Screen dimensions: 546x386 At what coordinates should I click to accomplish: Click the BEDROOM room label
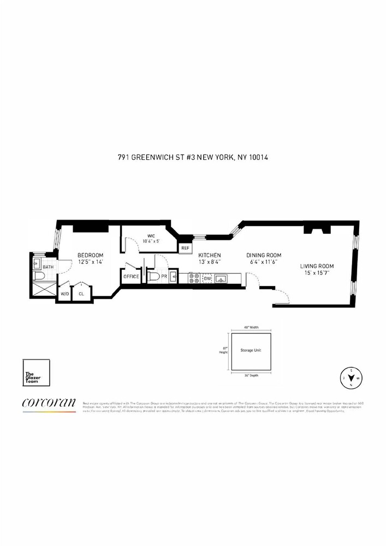[x=90, y=255]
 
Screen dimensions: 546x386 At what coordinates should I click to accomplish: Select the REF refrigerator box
[x=186, y=248]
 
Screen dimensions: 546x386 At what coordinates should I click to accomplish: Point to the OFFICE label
[x=131, y=277]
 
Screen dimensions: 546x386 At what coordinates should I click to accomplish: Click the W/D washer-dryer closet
[x=64, y=293]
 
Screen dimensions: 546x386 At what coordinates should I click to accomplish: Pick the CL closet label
[x=81, y=293]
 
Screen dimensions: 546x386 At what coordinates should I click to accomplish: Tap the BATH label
[x=49, y=267]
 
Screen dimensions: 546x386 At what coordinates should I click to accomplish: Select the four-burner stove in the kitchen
[x=194, y=278]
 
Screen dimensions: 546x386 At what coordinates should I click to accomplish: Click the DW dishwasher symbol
[x=207, y=278]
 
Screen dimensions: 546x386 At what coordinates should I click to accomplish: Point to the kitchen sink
[x=222, y=278]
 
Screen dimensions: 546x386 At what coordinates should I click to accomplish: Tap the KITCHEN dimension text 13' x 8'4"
[x=210, y=262]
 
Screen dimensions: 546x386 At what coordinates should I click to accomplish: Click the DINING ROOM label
[x=263, y=255]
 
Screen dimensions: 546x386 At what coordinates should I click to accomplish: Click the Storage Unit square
[x=251, y=350]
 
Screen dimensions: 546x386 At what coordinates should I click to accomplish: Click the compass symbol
[x=350, y=377]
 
